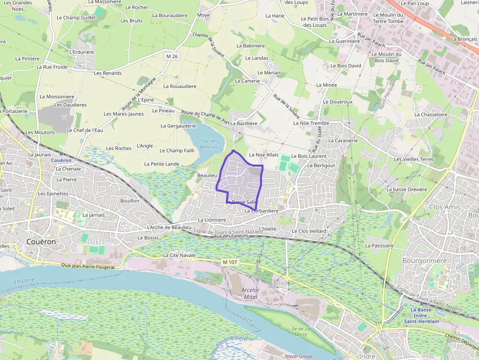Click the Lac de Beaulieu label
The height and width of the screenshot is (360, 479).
(209, 144)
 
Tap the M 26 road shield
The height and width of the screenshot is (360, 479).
(172, 57)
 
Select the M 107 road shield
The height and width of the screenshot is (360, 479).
(230, 263)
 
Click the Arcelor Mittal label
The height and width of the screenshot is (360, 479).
(250, 294)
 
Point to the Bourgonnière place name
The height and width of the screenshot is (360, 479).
(424, 261)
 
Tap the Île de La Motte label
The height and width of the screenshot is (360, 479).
(299, 331)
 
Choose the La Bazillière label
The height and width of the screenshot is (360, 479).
(244, 124)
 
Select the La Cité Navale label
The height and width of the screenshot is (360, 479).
(179, 255)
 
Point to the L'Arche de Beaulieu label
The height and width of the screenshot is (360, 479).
(169, 228)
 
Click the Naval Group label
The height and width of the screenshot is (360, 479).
(298, 357)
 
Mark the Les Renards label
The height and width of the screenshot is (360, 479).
(108, 73)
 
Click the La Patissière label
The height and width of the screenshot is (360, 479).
(379, 246)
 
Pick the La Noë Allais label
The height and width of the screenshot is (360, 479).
(263, 154)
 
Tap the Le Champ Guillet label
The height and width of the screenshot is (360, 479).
(76, 18)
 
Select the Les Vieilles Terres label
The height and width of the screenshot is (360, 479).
(414, 159)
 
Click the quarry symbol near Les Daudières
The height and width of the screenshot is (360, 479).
(64, 117)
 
